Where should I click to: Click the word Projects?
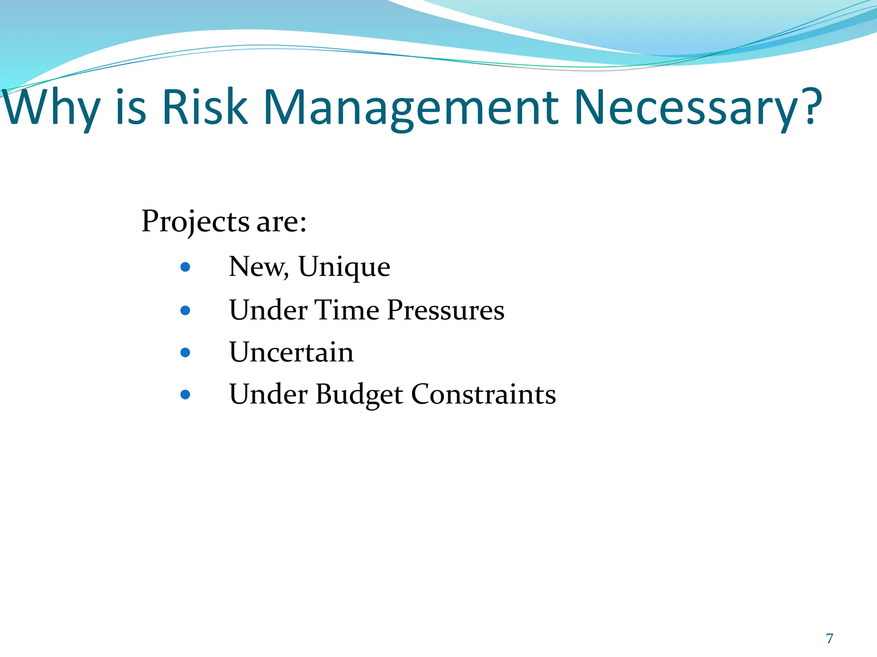(x=195, y=222)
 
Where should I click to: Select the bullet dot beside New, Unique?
(x=185, y=267)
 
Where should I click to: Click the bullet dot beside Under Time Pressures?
(x=185, y=310)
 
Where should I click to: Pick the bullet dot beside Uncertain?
(x=185, y=352)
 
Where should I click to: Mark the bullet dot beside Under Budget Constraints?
(x=185, y=394)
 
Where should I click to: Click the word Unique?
(x=344, y=267)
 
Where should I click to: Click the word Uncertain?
(x=291, y=352)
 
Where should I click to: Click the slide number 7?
(x=829, y=638)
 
